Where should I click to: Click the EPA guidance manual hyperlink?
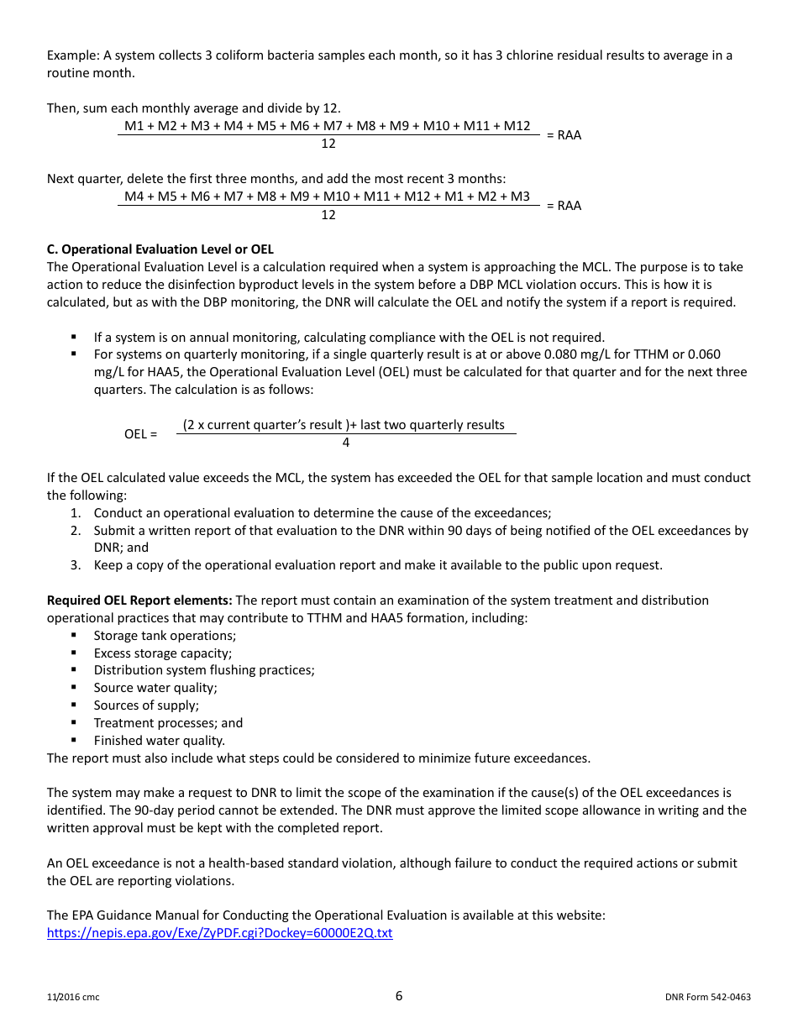click(x=219, y=933)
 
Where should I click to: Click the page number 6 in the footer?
click(x=399, y=996)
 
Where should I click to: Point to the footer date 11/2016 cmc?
click(x=73, y=998)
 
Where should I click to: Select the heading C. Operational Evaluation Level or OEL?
click(x=160, y=249)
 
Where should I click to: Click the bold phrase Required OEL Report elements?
click(x=139, y=600)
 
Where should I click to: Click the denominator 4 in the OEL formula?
click(x=346, y=443)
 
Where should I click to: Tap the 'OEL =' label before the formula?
click(x=140, y=434)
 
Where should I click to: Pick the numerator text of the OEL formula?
click(x=344, y=425)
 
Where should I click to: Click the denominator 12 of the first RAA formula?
click(x=328, y=144)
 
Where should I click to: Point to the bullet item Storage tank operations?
click(x=165, y=636)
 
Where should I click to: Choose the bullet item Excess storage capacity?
click(x=163, y=653)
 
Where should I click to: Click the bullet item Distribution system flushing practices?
click(x=204, y=670)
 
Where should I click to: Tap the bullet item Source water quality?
click(x=155, y=688)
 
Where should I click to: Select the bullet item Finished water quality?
click(x=159, y=741)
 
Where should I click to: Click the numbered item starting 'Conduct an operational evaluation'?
click(x=322, y=513)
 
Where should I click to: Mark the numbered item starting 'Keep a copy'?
click(x=377, y=565)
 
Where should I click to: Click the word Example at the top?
click(x=72, y=55)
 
